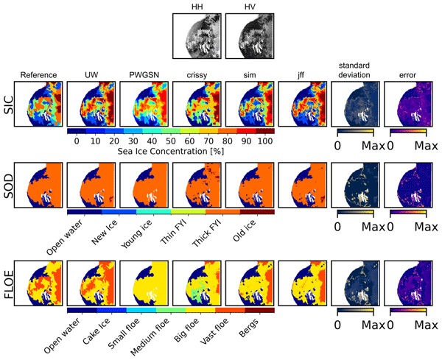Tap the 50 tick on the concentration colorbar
(x=170, y=141)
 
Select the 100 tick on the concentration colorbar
(x=266, y=141)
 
